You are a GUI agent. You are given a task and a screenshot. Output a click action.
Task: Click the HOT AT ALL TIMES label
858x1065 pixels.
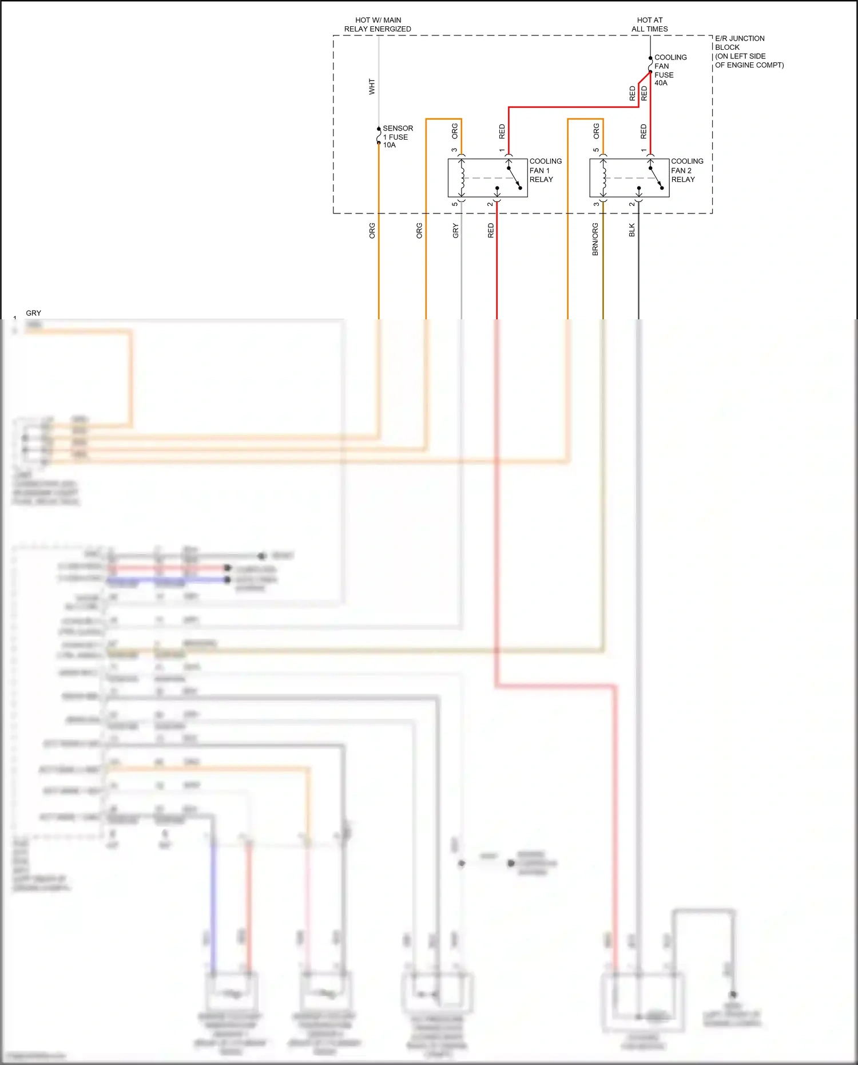pyautogui.click(x=649, y=25)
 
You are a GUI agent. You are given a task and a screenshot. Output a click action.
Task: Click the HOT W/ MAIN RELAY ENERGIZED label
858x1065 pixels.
pyautogui.click(x=378, y=25)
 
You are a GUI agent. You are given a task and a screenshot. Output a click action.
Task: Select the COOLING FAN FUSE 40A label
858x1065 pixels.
pyautogui.click(x=670, y=70)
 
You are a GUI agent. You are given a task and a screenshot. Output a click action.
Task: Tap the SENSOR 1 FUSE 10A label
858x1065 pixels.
pyautogui.click(x=397, y=137)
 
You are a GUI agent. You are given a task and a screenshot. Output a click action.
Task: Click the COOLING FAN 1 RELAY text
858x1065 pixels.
pyautogui.click(x=545, y=171)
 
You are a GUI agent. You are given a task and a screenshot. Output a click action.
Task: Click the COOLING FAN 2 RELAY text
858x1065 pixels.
pyautogui.click(x=686, y=171)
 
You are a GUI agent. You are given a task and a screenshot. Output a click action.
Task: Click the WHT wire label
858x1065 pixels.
pyautogui.click(x=372, y=87)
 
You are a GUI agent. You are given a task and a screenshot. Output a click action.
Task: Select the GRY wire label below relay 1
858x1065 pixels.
pyautogui.click(x=455, y=231)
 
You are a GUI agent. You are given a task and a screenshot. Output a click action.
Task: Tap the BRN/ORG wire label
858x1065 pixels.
pyautogui.click(x=595, y=239)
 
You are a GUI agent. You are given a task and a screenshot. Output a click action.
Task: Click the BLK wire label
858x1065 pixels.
pyautogui.click(x=631, y=230)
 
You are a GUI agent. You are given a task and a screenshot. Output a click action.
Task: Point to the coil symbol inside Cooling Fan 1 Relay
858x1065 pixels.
pyautogui.click(x=462, y=178)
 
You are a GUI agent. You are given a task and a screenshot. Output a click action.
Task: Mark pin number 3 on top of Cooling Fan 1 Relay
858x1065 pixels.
pyautogui.click(x=454, y=150)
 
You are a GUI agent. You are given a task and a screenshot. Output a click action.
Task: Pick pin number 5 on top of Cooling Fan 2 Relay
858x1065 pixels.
pyautogui.click(x=595, y=150)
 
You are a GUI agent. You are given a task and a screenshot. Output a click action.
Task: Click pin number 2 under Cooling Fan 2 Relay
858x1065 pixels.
pyautogui.click(x=631, y=204)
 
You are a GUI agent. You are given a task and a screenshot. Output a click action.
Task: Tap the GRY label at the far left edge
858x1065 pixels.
pyautogui.click(x=34, y=313)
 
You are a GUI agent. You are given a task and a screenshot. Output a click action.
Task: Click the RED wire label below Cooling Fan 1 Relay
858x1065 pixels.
pyautogui.click(x=491, y=231)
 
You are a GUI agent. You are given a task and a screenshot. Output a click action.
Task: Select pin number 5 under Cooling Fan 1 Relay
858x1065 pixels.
pyautogui.click(x=455, y=204)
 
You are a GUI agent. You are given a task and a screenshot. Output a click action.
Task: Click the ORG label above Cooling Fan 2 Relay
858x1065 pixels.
pyautogui.click(x=596, y=131)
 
